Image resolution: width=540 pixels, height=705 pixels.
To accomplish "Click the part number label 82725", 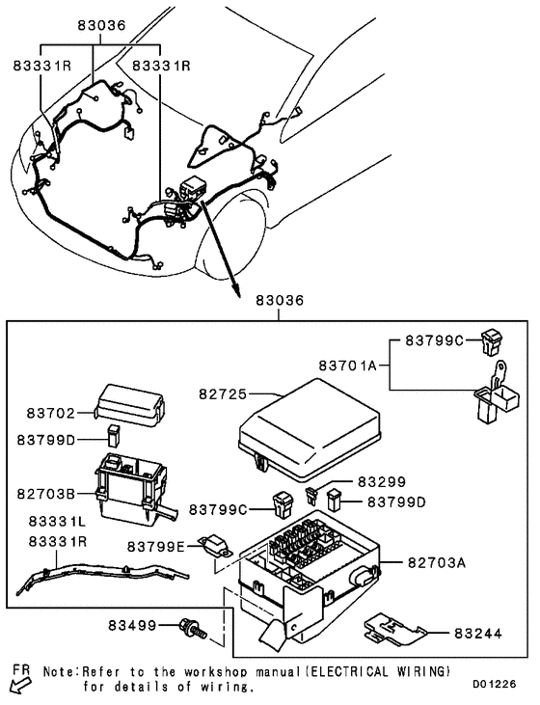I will click(x=225, y=394).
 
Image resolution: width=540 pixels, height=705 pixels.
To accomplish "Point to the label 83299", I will click(x=383, y=480).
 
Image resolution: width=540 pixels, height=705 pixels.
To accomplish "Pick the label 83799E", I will click(x=159, y=546).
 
